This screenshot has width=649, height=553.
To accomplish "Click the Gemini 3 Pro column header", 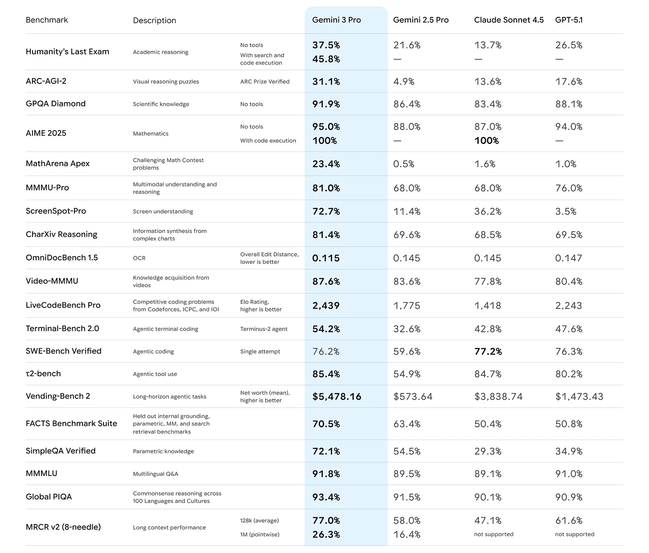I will (337, 20).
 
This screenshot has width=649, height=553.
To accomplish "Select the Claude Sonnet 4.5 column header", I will (509, 20).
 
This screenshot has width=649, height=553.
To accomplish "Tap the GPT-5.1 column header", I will (569, 20).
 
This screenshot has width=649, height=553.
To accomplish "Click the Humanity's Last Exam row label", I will (67, 52).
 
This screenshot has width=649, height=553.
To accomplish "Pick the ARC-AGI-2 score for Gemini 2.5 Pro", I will (404, 82).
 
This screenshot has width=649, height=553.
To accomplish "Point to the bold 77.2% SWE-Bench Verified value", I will (488, 351).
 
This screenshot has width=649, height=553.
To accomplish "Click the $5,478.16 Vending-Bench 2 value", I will (337, 396).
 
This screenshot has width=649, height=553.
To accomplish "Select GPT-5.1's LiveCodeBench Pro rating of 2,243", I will (568, 305).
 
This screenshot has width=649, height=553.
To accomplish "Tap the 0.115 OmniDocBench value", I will (326, 258).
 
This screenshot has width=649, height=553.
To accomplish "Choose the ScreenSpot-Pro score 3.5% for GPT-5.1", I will (566, 211).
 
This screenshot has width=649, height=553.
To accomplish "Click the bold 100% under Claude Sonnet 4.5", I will (486, 140).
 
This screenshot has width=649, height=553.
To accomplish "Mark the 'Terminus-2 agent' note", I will (264, 329).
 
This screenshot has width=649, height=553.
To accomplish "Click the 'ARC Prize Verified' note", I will (265, 82).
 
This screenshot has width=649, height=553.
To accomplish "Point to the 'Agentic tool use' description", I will (155, 374).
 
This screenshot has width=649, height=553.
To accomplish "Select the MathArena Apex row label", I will (58, 164).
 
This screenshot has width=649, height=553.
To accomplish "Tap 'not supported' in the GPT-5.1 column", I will (575, 534).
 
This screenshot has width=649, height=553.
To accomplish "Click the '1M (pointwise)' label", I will (260, 534).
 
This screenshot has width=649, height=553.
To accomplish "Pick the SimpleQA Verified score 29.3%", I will (488, 451).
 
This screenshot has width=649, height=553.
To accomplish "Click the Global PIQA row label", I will (49, 497).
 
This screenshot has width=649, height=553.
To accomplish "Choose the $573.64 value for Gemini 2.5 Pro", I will (413, 396).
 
